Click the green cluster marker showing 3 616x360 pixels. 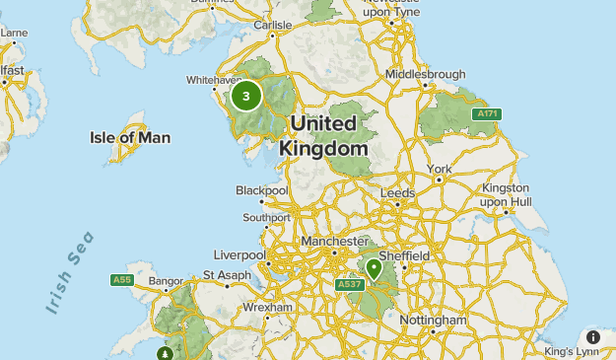[246, 96]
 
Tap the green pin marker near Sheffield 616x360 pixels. [374, 267]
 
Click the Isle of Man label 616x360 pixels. [129, 138]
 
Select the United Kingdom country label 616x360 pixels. [323, 136]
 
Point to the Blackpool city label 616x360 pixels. [261, 190]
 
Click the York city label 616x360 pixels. [440, 169]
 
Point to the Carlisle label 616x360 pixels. [273, 25]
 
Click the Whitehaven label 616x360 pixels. [214, 80]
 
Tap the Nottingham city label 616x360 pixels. [433, 321]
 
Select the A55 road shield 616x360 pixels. [121, 280]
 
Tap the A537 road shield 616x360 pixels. [350, 285]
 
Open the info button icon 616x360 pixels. [593, 337]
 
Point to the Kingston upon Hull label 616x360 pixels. [507, 194]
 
